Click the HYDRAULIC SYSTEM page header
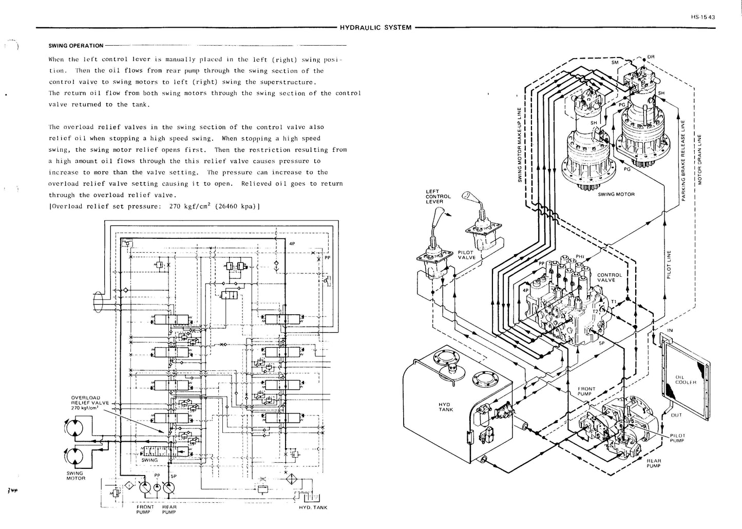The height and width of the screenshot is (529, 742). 376,27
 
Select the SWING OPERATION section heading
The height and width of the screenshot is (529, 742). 76,46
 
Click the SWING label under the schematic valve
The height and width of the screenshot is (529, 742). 149,460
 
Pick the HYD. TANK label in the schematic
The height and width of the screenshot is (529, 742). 313,507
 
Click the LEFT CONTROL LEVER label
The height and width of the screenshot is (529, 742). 438,196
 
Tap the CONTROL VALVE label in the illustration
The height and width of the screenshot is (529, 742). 610,277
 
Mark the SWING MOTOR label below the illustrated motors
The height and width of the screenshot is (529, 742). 616,194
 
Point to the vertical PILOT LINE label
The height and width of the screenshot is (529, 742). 669,265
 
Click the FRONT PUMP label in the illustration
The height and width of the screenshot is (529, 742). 586,391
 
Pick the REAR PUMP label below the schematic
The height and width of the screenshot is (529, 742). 169,509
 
